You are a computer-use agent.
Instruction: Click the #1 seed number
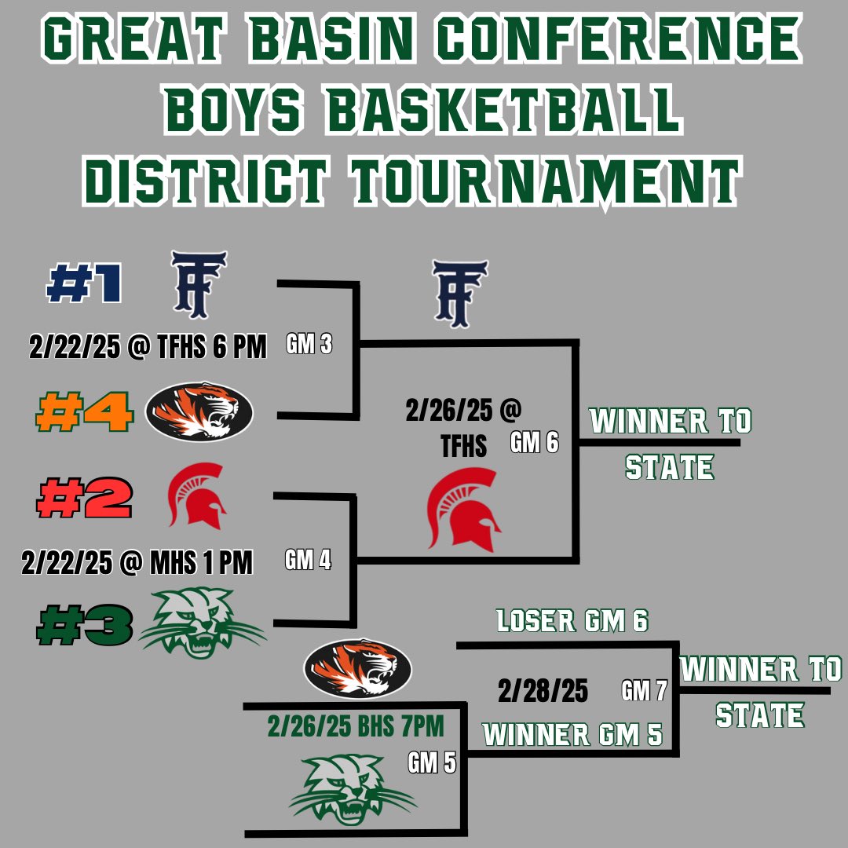pyautogui.click(x=84, y=285)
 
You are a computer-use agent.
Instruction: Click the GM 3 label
pyautogui.click(x=309, y=345)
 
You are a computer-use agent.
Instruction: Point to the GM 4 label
pyautogui.click(x=309, y=560)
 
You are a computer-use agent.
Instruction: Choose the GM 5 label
pyautogui.click(x=431, y=762)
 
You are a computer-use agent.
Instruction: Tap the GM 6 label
pyautogui.click(x=534, y=443)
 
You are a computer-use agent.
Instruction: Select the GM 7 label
pyautogui.click(x=644, y=691)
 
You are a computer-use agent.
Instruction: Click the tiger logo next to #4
pyautogui.click(x=199, y=411)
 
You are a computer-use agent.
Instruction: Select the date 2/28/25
pyautogui.click(x=543, y=691)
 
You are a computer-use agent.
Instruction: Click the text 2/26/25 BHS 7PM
pyautogui.click(x=356, y=727)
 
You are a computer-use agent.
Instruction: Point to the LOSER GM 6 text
pyautogui.click(x=572, y=622)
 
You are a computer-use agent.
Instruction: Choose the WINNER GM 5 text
pyautogui.click(x=572, y=735)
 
